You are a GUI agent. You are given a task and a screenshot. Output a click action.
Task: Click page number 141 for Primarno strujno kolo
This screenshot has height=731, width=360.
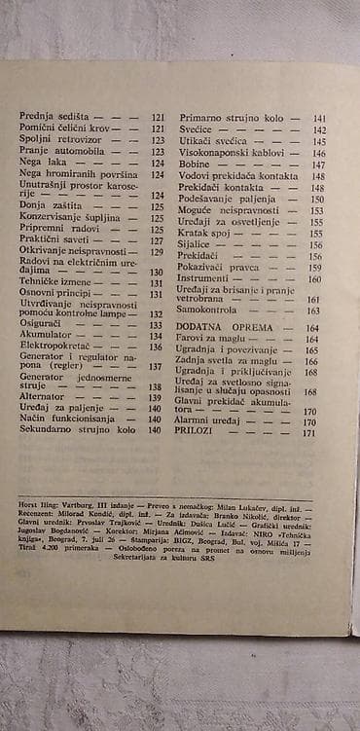[318, 118]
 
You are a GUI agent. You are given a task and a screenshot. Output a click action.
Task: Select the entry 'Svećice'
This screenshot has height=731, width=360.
[198, 129]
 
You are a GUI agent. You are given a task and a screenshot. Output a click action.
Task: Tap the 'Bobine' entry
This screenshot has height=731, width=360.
[196, 164]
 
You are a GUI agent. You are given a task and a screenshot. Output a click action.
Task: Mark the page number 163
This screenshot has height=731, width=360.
[312, 311]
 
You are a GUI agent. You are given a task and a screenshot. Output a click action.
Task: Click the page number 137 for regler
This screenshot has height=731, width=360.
[156, 367]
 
